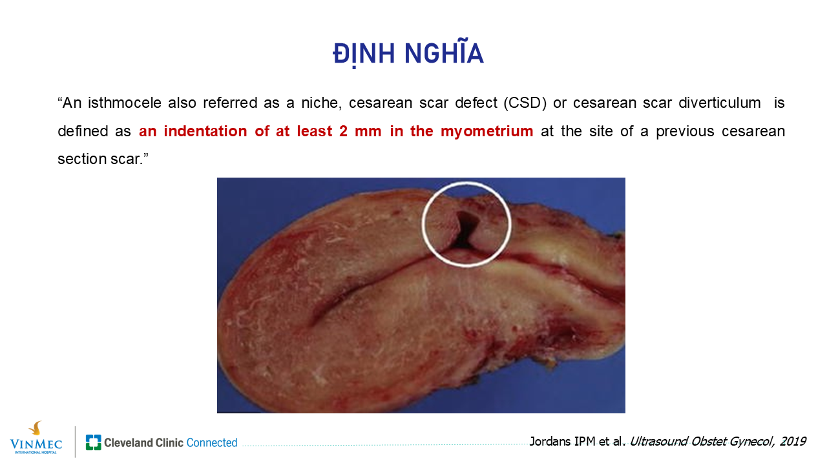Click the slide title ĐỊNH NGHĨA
(x=408, y=54)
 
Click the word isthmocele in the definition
(x=125, y=103)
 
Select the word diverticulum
(x=720, y=103)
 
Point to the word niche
(x=322, y=103)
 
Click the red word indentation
(x=205, y=131)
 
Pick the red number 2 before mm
(x=343, y=131)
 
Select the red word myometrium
(x=487, y=132)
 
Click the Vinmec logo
(x=36, y=439)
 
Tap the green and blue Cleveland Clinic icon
(x=94, y=442)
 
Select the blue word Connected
(x=212, y=442)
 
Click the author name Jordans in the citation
(x=549, y=442)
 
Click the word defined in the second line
(x=82, y=131)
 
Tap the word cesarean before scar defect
(x=381, y=103)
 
